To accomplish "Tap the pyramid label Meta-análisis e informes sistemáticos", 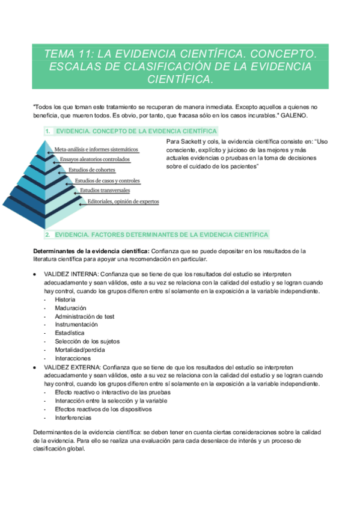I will [x=97, y=149].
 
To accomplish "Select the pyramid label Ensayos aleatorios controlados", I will [x=95, y=159].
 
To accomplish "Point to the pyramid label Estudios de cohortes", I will [x=92, y=170].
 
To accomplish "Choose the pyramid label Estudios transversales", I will [x=105, y=191].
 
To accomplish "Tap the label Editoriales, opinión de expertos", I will [x=123, y=201].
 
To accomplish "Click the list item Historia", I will [x=65, y=299].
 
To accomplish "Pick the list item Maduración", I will [x=70, y=307].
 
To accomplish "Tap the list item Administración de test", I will [x=85, y=316].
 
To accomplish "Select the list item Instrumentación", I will [x=76, y=324].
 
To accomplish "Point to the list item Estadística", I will [x=70, y=333].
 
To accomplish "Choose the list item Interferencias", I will [x=73, y=417].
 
